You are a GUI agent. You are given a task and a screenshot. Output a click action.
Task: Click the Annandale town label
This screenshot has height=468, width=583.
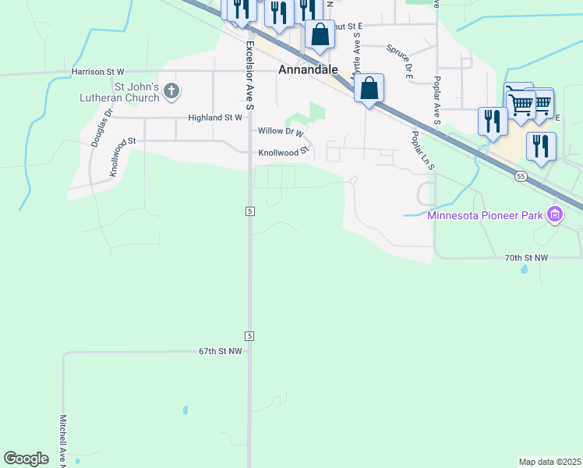(x=309, y=69)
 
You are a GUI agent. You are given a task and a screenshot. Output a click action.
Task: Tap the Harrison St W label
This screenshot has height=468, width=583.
(x=97, y=72)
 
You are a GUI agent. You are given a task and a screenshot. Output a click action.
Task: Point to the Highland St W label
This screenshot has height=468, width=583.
(x=216, y=118)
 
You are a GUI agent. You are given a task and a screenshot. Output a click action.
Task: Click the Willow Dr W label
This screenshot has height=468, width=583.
(x=281, y=132)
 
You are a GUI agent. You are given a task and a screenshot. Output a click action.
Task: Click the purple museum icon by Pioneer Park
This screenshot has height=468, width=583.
(x=555, y=214)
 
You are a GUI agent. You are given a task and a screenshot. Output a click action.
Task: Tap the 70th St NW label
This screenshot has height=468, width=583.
(x=527, y=257)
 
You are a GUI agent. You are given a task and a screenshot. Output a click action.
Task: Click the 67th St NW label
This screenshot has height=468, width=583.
(x=221, y=352)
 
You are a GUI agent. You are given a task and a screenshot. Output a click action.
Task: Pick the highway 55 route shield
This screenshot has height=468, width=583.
(x=521, y=177)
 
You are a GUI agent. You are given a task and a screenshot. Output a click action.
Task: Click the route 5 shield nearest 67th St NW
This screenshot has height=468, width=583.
(x=249, y=335)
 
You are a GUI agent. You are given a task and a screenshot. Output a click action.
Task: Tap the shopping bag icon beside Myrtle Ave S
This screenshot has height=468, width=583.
(x=369, y=88)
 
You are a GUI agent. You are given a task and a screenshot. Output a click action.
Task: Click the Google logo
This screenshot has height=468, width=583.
(x=26, y=459)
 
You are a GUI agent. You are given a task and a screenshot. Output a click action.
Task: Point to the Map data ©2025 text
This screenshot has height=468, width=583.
(x=550, y=462)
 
